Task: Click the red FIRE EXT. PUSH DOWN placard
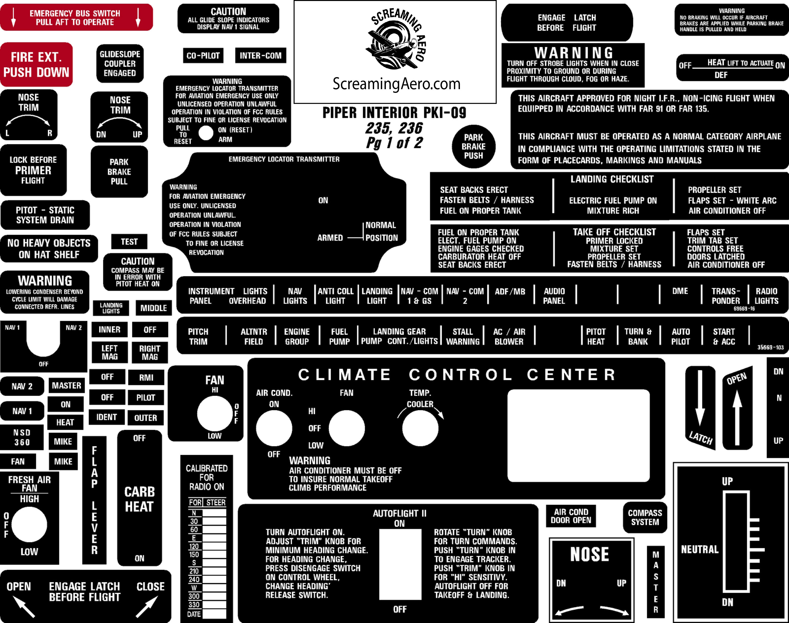pos(36,64)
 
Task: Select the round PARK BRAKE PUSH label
pos(474,147)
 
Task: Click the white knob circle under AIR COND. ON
pos(274,428)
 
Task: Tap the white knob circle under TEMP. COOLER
pos(420,428)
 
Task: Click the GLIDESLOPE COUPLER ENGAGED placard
pos(120,64)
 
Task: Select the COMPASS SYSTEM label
pos(645,517)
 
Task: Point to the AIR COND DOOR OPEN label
pos(571,516)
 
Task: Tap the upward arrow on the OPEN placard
pos(737,416)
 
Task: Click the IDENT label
pos(107,417)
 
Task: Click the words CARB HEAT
pos(140,499)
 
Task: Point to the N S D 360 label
pos(22,437)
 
